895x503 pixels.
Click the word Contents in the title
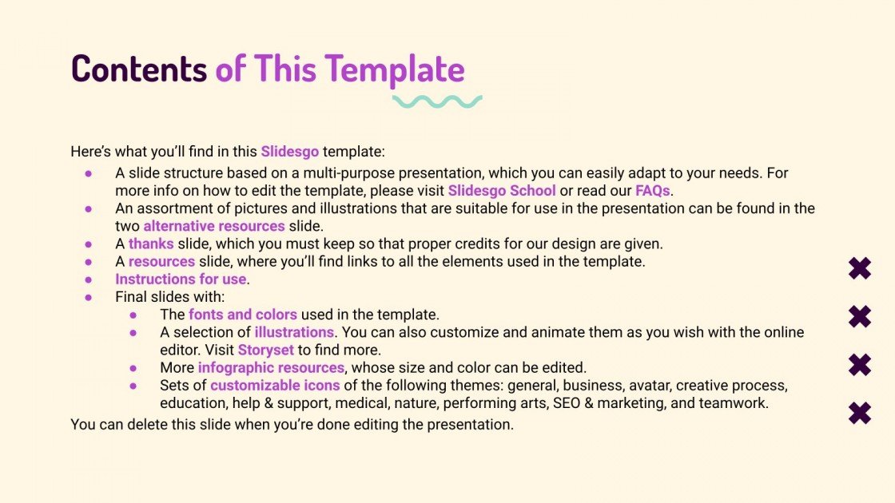click(x=138, y=69)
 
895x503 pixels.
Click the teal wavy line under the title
click(x=436, y=101)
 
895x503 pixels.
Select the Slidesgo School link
click(x=502, y=191)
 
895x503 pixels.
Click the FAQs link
click(x=653, y=191)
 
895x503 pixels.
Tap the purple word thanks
click(x=151, y=244)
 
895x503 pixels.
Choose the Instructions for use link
click(x=181, y=279)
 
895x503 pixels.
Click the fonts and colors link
click(x=243, y=315)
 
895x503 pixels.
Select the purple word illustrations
click(x=294, y=332)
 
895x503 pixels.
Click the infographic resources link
click(x=272, y=368)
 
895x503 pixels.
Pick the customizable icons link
click(x=275, y=386)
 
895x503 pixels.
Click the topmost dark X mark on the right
click(x=860, y=269)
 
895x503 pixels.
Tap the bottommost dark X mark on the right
click(x=860, y=413)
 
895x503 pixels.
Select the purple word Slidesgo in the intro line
click(x=289, y=151)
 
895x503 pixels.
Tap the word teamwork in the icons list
click(x=733, y=403)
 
